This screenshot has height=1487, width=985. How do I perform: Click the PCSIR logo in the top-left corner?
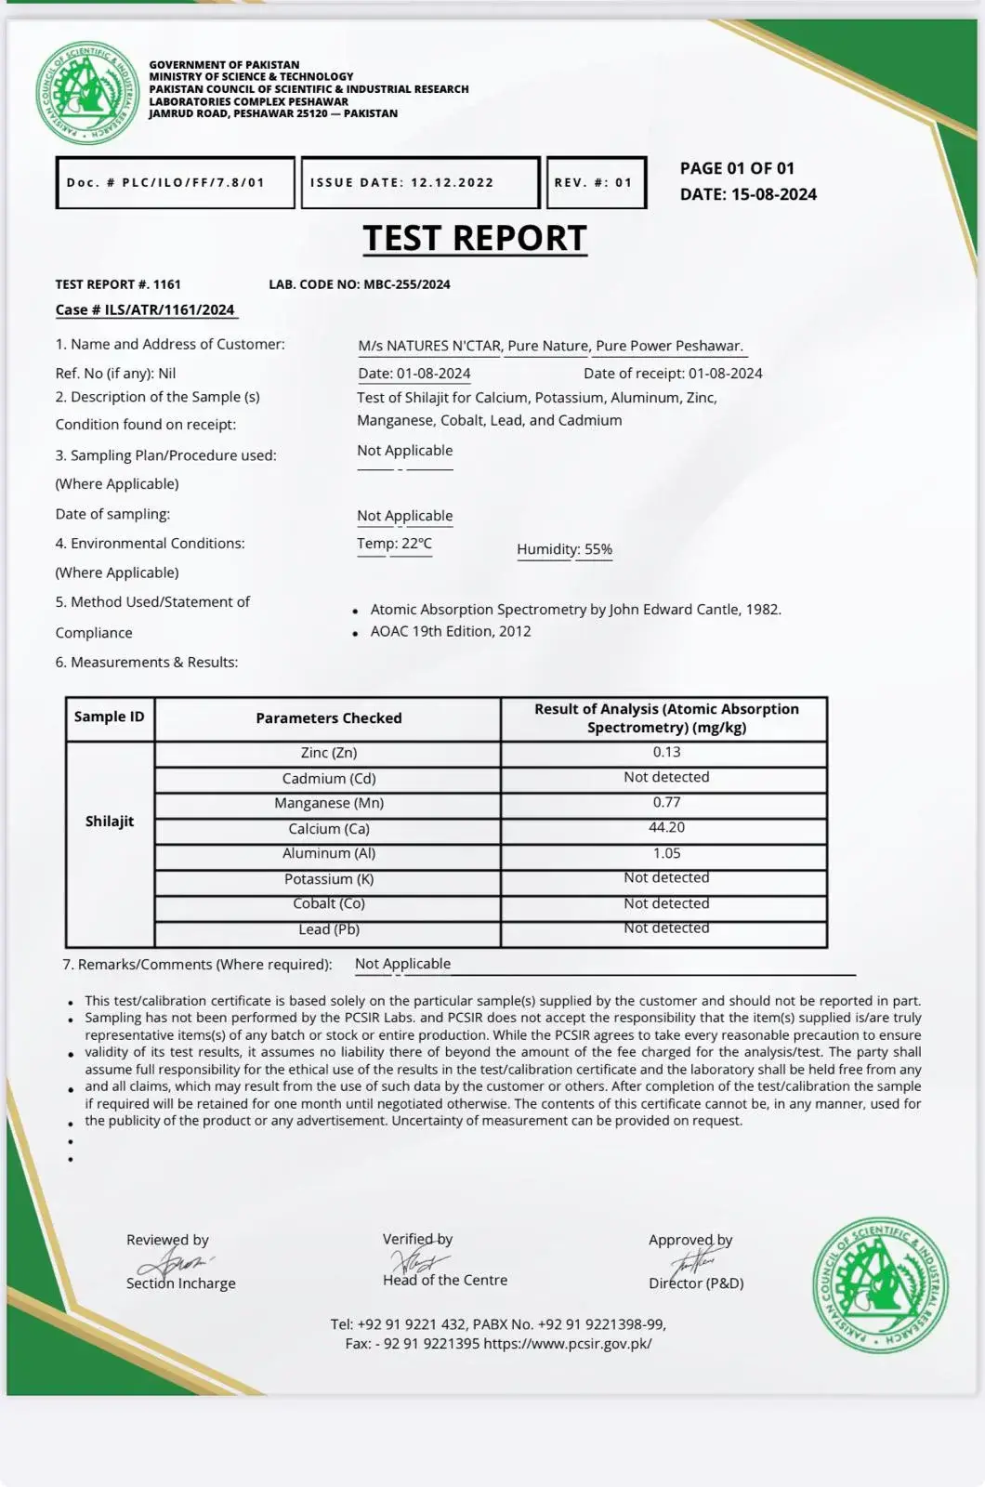click(x=88, y=93)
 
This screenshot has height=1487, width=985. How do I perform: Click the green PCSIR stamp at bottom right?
click(x=880, y=1284)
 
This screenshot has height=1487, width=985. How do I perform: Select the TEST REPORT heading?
click(x=475, y=238)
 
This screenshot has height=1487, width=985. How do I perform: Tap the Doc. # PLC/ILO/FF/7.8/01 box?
click(x=175, y=182)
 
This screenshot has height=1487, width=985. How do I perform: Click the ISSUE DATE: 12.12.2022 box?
click(x=420, y=182)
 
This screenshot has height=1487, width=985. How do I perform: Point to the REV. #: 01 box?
click(x=596, y=182)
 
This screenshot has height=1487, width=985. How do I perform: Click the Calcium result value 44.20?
click(x=666, y=827)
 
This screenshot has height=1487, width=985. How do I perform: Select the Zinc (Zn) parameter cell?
click(x=329, y=753)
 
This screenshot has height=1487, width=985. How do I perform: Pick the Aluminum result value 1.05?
click(x=666, y=853)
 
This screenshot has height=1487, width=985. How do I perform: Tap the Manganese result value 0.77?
click(x=666, y=802)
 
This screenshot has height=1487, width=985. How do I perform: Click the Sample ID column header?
click(x=110, y=717)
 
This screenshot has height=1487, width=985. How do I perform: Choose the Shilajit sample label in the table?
click(x=110, y=822)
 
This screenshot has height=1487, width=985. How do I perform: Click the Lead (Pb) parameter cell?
click(x=329, y=929)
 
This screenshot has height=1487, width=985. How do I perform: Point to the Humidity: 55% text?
click(x=564, y=549)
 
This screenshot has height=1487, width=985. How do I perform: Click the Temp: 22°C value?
click(x=394, y=544)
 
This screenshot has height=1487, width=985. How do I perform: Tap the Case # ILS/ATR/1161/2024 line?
click(x=145, y=309)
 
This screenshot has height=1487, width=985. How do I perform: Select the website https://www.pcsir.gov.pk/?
click(x=567, y=1343)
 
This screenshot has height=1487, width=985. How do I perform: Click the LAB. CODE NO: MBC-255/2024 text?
click(x=360, y=284)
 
